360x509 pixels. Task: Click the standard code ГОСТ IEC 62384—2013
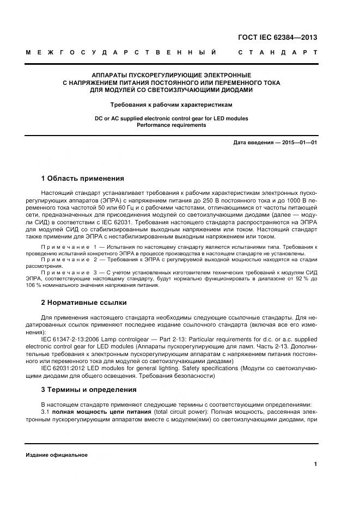click(x=278, y=38)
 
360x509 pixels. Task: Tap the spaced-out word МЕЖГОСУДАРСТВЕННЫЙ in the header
click(x=121, y=53)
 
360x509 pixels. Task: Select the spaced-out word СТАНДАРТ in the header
click(x=278, y=53)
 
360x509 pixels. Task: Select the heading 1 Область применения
click(x=83, y=179)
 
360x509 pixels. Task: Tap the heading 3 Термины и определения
click(x=89, y=390)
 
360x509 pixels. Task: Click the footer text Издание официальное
click(x=57, y=455)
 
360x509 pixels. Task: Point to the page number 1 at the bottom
click(x=315, y=464)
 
